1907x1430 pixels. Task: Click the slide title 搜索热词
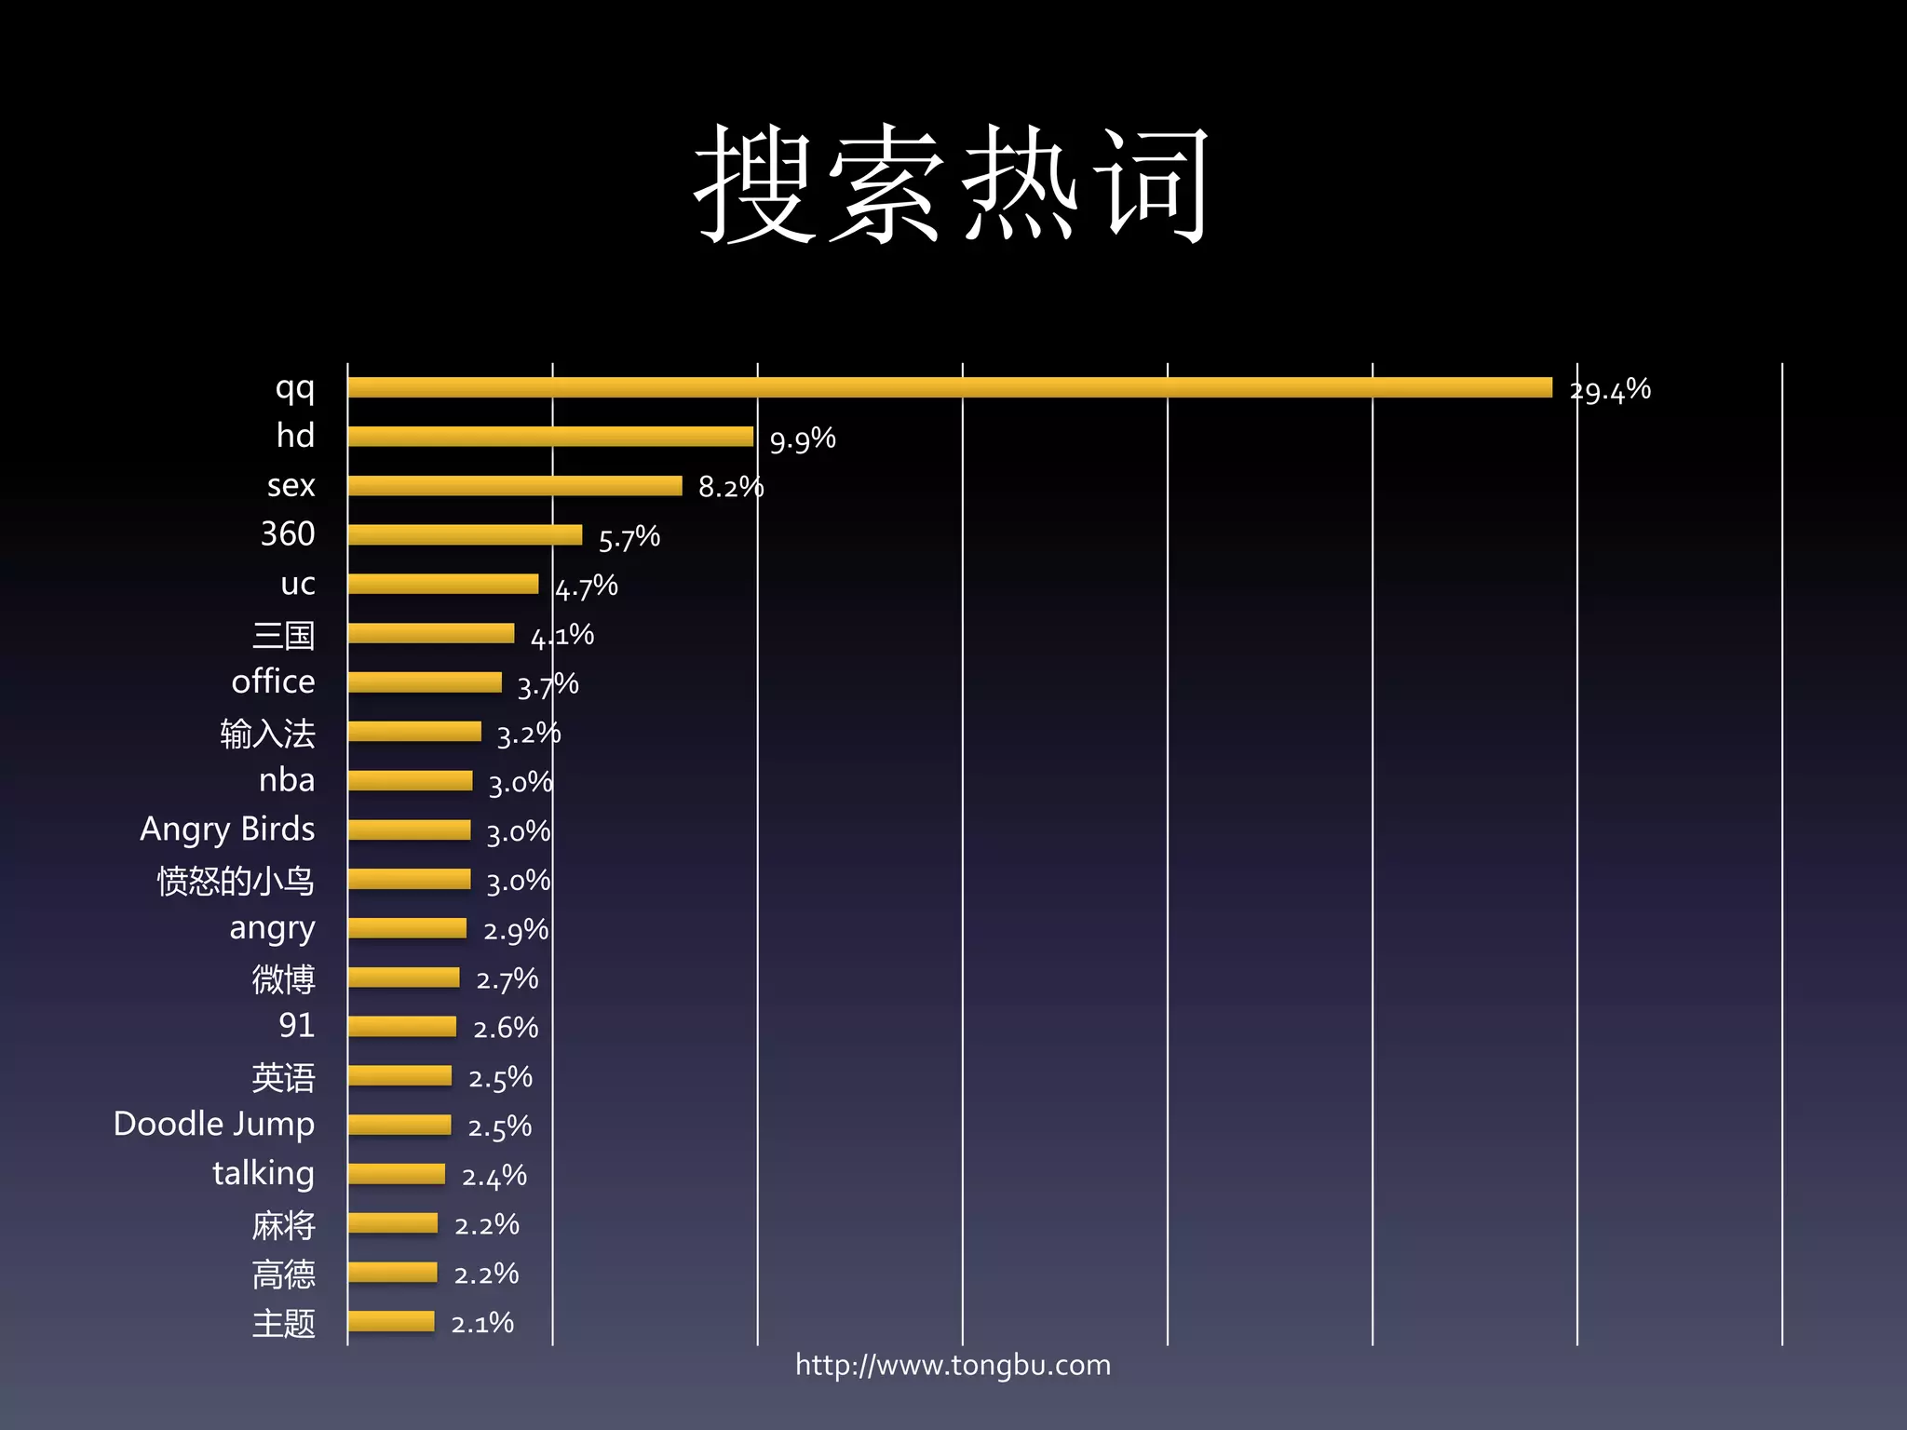[952, 184]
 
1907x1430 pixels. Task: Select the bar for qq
[950, 387]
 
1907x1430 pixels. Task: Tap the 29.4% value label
[1610, 390]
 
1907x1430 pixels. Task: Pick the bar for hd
[550, 437]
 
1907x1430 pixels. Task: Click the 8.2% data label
[731, 487]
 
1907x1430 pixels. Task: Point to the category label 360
[288, 534]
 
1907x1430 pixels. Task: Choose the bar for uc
[443, 584]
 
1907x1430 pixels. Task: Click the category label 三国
[283, 635]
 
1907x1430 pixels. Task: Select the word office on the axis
[273, 681]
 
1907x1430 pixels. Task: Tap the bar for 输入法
[414, 732]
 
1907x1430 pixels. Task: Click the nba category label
[287, 780]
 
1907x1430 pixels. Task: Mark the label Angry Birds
[227, 830]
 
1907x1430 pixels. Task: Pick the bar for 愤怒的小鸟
[410, 879]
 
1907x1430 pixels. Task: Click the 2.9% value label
[516, 930]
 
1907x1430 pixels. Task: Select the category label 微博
[283, 978]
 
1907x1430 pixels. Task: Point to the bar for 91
[402, 1027]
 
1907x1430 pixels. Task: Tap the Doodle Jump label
[214, 1125]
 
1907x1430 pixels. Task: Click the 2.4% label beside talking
[494, 1177]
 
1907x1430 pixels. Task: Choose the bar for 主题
[391, 1322]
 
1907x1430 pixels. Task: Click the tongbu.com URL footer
[953, 1366]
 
